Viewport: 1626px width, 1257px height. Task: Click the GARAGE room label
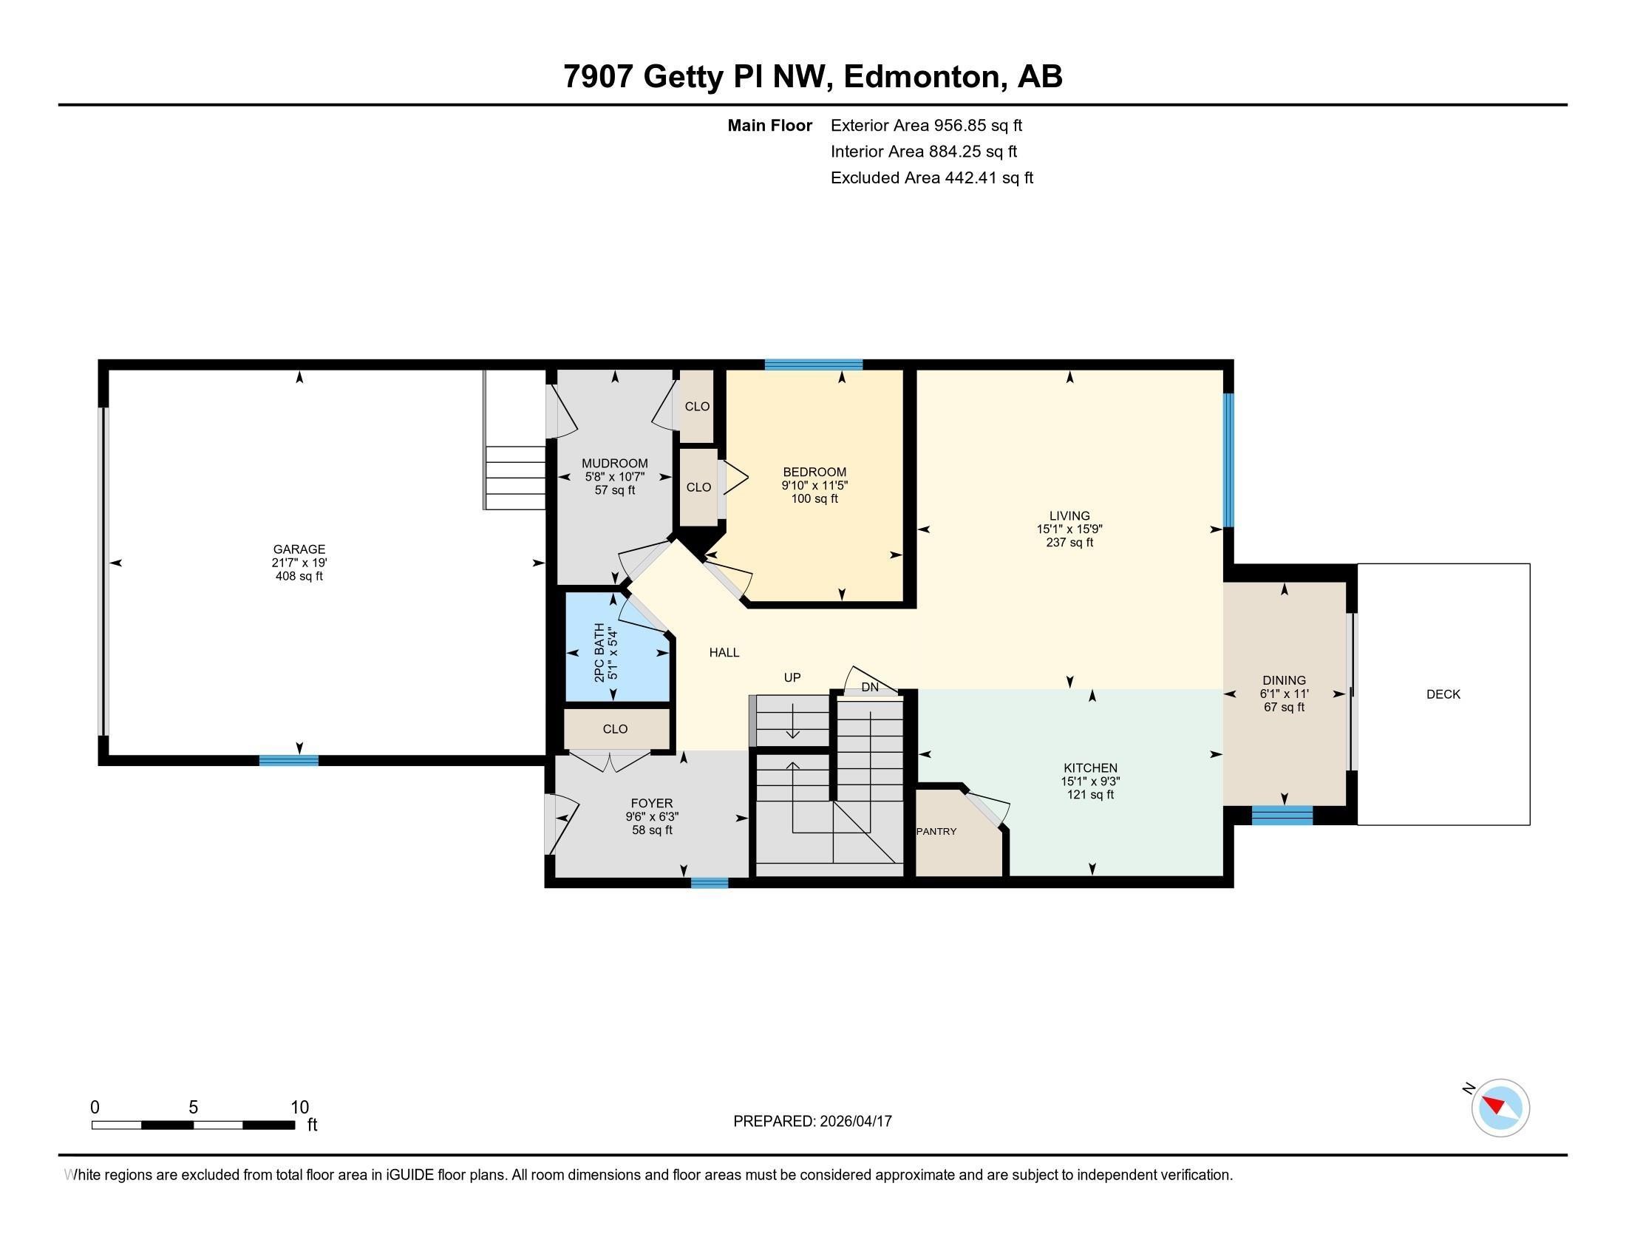pyautogui.click(x=299, y=549)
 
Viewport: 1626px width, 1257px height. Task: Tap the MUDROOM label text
pyautogui.click(x=614, y=463)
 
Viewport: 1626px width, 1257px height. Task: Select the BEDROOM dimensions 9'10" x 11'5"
pyautogui.click(x=814, y=486)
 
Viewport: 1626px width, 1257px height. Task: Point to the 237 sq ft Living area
pyautogui.click(x=1069, y=543)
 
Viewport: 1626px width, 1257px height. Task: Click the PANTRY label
pyautogui.click(x=936, y=831)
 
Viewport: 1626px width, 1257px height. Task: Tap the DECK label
pyautogui.click(x=1443, y=694)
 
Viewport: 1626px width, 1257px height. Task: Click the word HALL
pyautogui.click(x=724, y=653)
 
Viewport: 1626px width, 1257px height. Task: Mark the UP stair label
pyautogui.click(x=792, y=677)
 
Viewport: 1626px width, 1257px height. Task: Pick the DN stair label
pyautogui.click(x=870, y=688)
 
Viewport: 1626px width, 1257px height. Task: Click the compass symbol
pyautogui.click(x=1500, y=1108)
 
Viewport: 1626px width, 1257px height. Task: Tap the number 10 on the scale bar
pyautogui.click(x=299, y=1108)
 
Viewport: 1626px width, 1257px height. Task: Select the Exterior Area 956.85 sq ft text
pyautogui.click(x=926, y=126)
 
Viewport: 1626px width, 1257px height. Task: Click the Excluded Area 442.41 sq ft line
pyautogui.click(x=931, y=178)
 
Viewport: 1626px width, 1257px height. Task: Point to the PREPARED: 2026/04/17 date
pyautogui.click(x=812, y=1122)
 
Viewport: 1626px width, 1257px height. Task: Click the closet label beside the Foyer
pyautogui.click(x=615, y=729)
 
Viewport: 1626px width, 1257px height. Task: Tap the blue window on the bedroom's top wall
pyautogui.click(x=813, y=365)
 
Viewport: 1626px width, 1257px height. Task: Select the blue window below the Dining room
pyautogui.click(x=1282, y=816)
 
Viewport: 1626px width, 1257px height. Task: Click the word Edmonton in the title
pyautogui.click(x=922, y=77)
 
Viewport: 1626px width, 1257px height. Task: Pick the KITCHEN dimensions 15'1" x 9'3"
pyautogui.click(x=1090, y=782)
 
